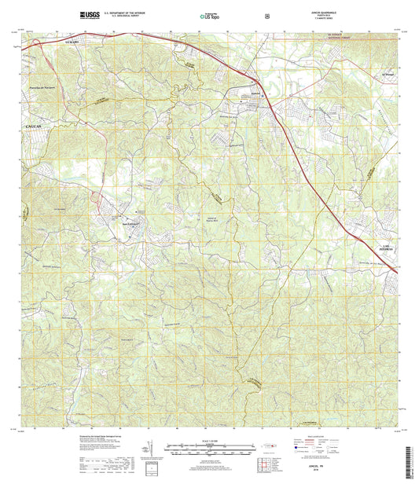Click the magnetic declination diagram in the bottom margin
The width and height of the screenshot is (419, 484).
click(145, 453)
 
